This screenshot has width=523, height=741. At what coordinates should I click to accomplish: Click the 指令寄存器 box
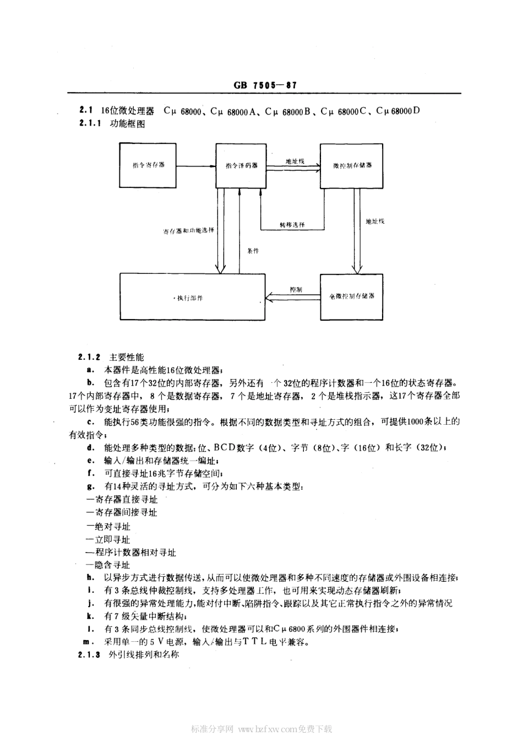149,165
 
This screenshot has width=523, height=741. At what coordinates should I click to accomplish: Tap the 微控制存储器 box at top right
352,165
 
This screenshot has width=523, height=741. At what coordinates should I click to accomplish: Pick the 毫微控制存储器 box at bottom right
352,296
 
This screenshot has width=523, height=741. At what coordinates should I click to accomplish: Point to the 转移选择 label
291,225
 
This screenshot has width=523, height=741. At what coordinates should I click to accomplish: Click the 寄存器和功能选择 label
188,230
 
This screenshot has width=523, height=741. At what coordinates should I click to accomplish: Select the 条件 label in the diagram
253,251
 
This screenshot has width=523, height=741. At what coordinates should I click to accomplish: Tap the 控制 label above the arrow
296,289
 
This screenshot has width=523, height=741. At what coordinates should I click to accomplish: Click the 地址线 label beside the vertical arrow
375,221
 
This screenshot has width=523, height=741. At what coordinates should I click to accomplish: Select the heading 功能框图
128,124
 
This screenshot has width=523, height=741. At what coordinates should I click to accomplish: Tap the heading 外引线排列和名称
144,655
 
